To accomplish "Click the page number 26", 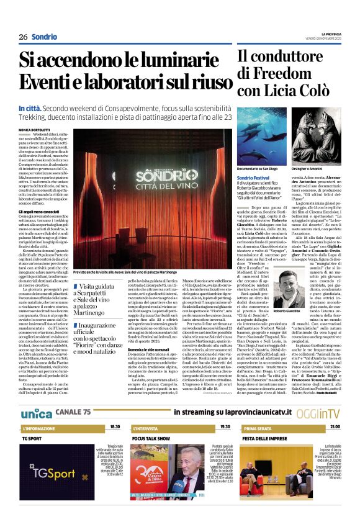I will (23, 37).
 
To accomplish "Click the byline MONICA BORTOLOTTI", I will (34, 129).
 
